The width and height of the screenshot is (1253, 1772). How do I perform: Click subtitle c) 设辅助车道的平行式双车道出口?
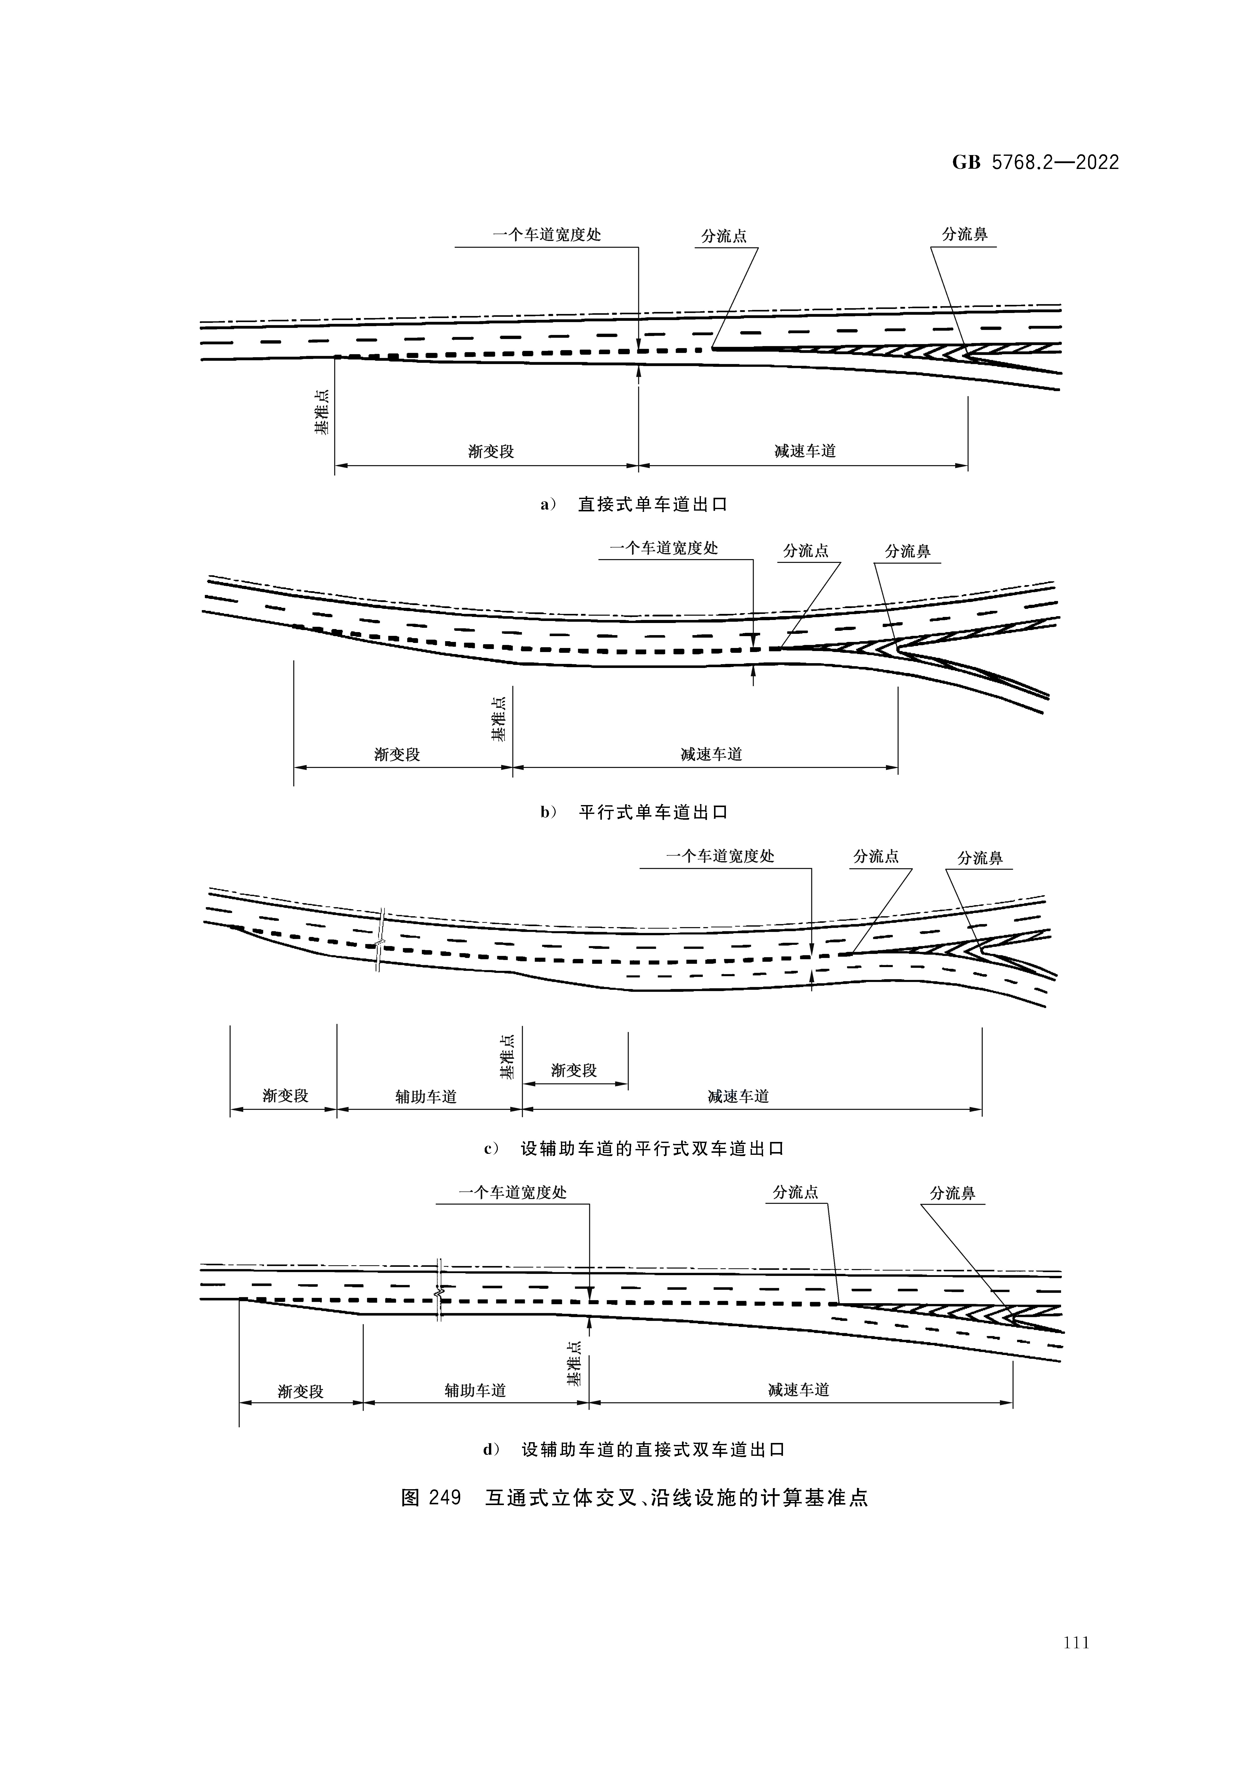[x=633, y=1149]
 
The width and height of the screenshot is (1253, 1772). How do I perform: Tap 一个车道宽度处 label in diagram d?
[x=513, y=1192]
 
